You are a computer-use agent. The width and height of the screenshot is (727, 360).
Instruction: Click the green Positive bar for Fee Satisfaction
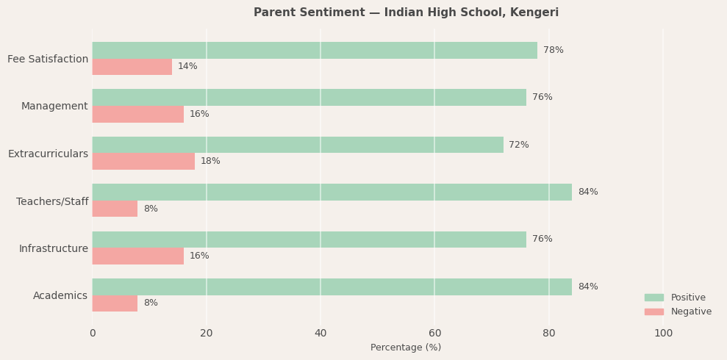tap(315, 50)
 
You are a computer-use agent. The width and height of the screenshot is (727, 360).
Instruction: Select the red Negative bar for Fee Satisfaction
tap(132, 67)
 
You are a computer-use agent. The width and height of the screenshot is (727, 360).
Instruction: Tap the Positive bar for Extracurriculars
tap(298, 145)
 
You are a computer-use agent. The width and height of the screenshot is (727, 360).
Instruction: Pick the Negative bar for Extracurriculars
tap(143, 162)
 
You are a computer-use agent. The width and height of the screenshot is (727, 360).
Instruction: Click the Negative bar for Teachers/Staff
tap(115, 209)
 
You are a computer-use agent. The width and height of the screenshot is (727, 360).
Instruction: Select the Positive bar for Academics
tap(332, 287)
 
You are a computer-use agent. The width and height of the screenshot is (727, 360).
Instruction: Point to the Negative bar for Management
tap(138, 114)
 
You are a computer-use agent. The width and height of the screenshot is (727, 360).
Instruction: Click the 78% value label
tap(553, 50)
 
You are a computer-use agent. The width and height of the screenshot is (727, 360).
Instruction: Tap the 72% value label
tap(518, 145)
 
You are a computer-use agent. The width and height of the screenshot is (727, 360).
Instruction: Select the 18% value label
tap(210, 162)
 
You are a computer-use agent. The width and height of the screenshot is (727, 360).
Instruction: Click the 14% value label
tap(187, 67)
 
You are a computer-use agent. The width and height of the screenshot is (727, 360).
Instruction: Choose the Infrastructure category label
tap(53, 248)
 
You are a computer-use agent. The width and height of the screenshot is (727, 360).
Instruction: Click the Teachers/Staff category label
tap(52, 201)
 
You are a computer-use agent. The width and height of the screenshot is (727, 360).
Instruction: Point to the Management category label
tap(54, 107)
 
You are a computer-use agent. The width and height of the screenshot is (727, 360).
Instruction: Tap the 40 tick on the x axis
tap(320, 334)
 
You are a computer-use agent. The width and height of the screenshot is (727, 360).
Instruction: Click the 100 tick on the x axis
tap(663, 334)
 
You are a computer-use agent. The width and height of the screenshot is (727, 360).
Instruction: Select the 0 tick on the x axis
tap(93, 334)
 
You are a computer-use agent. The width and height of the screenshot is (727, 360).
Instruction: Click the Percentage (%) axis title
tap(406, 348)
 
